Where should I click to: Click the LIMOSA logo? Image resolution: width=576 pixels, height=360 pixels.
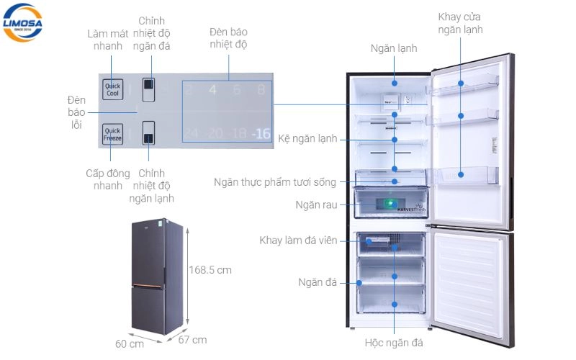tap(23, 22)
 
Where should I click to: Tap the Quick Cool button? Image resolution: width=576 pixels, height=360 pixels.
tap(112, 89)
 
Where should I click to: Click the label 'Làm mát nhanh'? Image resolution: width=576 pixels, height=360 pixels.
tap(108, 40)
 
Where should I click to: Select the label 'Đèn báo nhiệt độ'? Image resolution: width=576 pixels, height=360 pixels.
tap(228, 39)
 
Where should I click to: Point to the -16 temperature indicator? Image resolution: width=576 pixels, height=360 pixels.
tap(261, 133)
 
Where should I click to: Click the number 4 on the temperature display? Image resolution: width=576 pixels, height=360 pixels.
tap(212, 90)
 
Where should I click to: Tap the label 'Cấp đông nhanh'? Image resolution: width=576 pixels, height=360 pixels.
tap(108, 180)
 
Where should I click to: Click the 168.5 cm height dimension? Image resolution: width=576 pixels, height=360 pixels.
tap(210, 270)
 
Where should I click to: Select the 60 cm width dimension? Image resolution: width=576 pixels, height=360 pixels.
tap(130, 343)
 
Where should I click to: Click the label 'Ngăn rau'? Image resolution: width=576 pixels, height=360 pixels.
tap(316, 205)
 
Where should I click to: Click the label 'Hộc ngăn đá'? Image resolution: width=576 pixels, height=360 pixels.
tap(394, 343)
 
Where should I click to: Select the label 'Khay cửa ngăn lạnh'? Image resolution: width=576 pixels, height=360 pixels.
tap(460, 23)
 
